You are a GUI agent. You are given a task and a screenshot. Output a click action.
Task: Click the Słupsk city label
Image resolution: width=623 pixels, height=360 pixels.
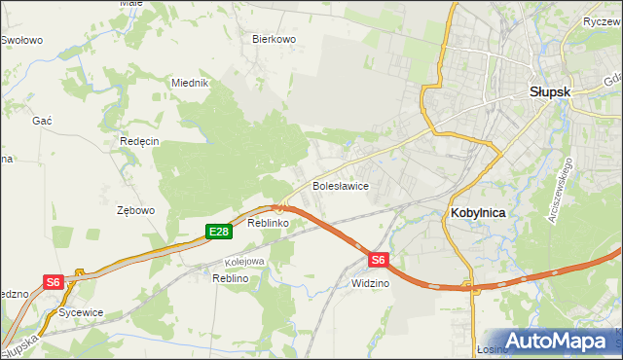coord(549,90)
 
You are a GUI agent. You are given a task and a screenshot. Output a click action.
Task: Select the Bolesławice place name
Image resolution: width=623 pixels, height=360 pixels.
coord(339,185)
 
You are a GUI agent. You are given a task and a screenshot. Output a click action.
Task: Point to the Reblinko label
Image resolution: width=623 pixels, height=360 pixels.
coord(268,224)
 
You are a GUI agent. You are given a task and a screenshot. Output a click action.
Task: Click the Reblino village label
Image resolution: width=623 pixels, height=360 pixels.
coord(232,278)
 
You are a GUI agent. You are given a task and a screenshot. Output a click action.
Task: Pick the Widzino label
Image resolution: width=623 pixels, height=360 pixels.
coord(370,283)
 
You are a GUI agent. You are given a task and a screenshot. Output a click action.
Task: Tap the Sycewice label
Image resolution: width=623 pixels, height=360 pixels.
coord(81,313)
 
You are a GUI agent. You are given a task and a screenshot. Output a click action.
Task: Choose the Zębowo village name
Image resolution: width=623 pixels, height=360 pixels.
coord(136,210)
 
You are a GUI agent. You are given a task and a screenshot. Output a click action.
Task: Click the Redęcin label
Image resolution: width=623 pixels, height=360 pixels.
coord(139,141)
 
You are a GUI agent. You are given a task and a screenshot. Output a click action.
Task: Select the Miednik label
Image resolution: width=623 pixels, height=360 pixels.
coord(191,84)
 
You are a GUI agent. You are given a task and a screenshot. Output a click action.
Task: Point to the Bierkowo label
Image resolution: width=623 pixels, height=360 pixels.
coord(274,40)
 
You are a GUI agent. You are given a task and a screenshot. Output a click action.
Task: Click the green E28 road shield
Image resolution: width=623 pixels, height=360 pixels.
coord(218,232)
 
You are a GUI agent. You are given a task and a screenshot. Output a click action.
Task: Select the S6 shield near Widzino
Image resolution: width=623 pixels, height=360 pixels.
coord(379,260)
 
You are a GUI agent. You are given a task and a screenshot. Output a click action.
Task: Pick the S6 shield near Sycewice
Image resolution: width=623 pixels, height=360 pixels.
coord(54,282)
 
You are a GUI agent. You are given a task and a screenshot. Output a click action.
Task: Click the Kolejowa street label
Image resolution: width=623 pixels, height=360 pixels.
coord(244,262)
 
